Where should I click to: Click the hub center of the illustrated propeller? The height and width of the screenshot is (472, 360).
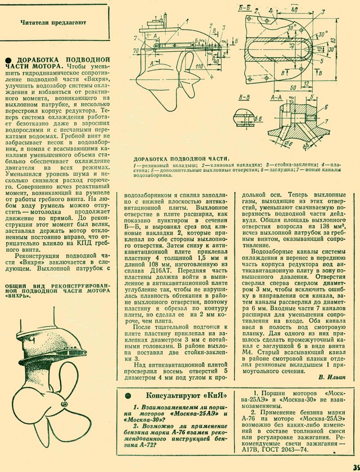(64, 405)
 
